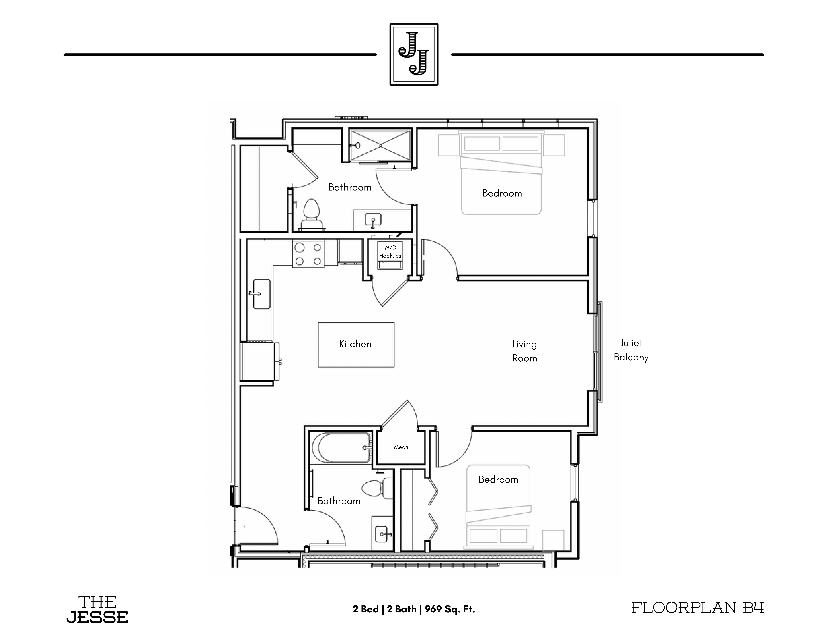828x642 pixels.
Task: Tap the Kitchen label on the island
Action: tap(355, 344)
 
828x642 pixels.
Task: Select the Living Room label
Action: tap(524, 351)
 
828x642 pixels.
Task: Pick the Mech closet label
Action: tap(401, 447)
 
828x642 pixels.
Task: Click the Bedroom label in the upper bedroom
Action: tap(502, 193)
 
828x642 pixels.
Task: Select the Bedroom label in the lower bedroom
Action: tap(498, 480)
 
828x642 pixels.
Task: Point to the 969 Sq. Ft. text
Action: tap(450, 609)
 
